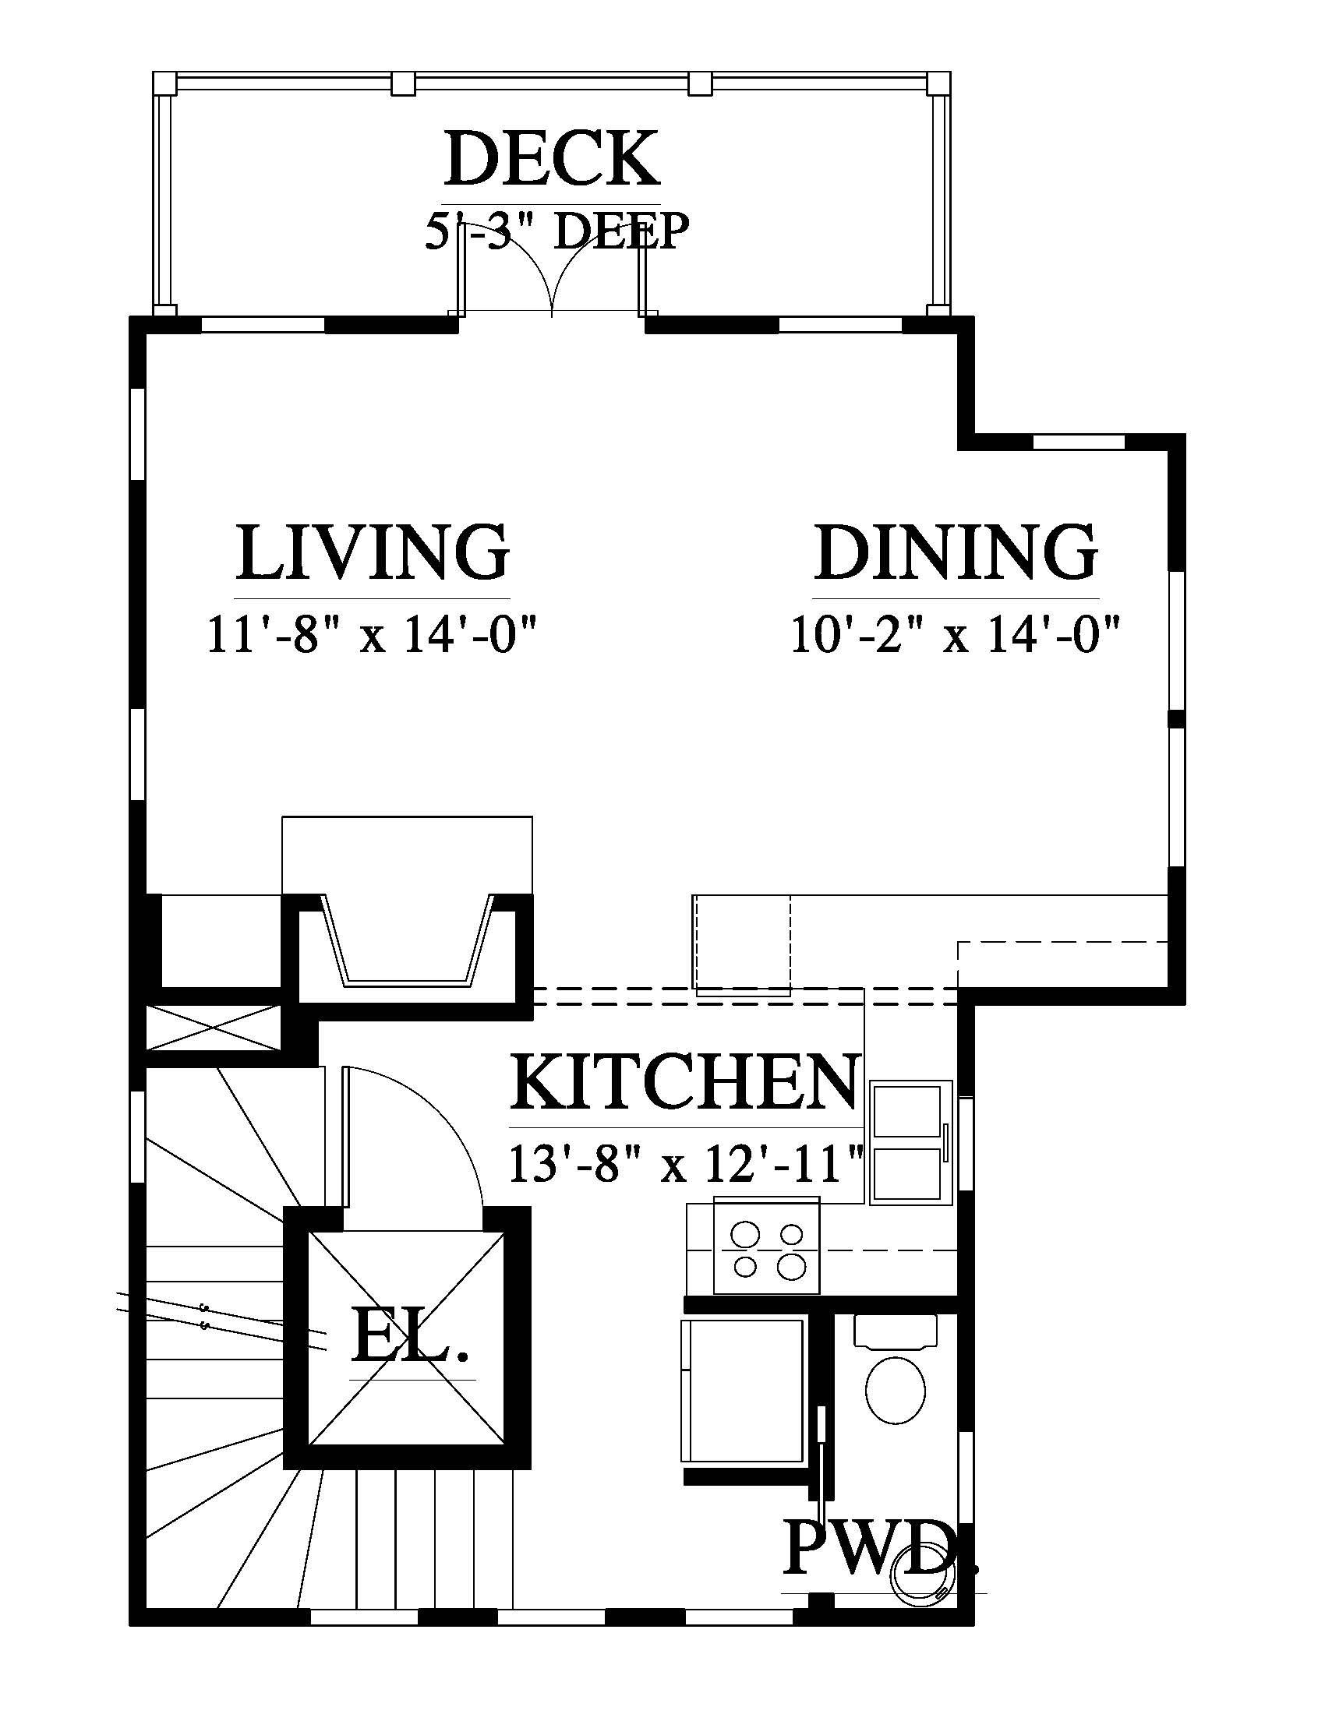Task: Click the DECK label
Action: tap(552, 159)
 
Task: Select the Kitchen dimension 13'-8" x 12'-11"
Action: tap(686, 1163)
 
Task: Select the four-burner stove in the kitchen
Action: tap(767, 1247)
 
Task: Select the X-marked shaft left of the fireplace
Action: tap(214, 1029)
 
